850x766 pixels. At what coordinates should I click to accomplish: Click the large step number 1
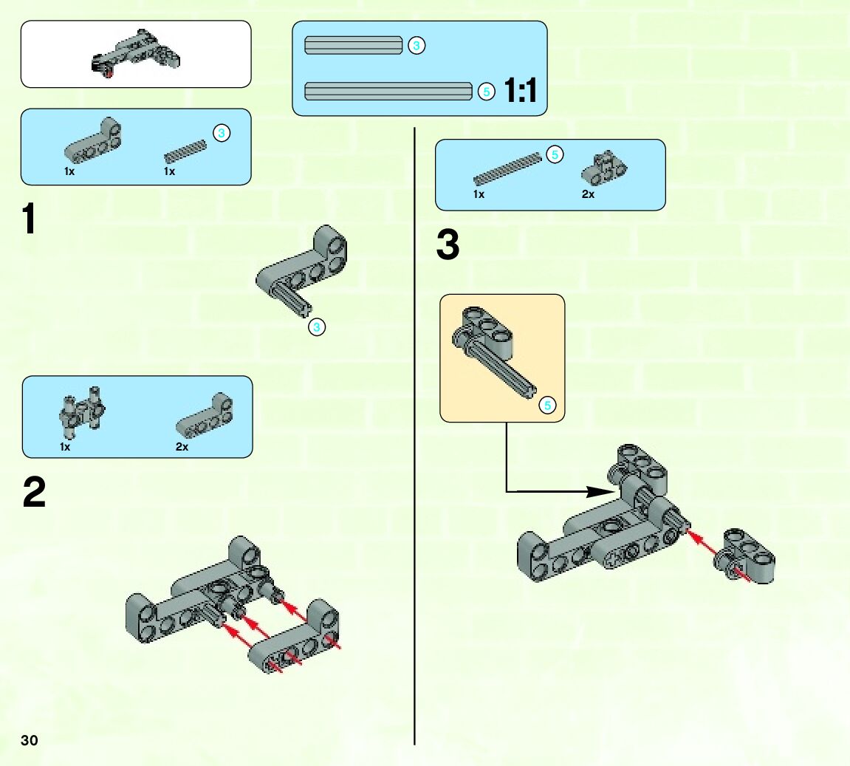coord(29,219)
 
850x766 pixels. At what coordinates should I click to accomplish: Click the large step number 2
coord(34,492)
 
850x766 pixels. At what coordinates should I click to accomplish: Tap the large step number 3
coord(448,245)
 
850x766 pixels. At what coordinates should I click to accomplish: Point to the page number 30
coord(30,740)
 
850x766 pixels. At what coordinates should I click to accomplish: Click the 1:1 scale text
coord(521,92)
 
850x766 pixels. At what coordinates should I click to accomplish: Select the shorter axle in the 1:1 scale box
coord(353,46)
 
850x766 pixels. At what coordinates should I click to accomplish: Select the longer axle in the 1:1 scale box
coord(388,92)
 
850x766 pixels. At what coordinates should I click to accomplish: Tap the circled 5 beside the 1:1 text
coord(486,92)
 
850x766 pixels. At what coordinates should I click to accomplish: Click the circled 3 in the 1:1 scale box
coord(416,46)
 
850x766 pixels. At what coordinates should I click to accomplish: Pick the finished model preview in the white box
coord(137,54)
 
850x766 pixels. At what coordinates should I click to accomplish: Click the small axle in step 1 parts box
coord(185,151)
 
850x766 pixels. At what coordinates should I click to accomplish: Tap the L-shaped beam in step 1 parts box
coord(94,141)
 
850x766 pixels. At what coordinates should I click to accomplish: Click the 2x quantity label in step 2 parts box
coord(182,447)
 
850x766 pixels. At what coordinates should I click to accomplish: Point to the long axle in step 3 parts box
coord(507,169)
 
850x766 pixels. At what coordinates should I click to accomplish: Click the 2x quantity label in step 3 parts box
coord(588,194)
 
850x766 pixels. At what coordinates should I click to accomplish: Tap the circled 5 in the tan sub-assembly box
coord(547,405)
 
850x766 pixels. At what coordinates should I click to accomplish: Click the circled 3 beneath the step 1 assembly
coord(317,326)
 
